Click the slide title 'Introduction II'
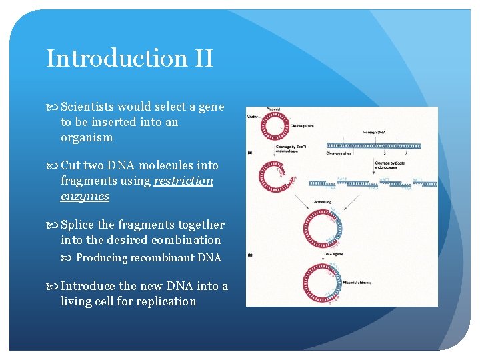129,58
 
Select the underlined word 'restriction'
183,181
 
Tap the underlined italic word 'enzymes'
85,196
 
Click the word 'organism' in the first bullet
87,137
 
